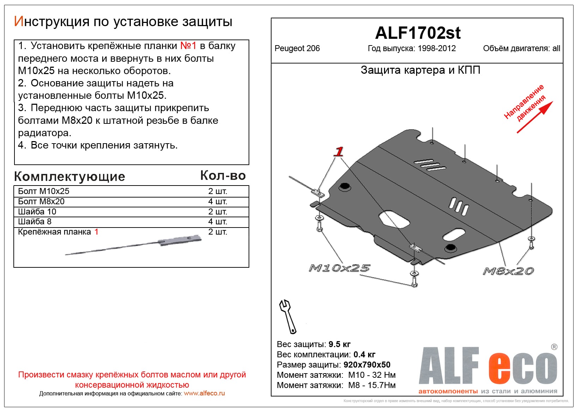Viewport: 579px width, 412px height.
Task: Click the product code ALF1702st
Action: point(418,33)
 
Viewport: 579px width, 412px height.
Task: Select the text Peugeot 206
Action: point(297,49)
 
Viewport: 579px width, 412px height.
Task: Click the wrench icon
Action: point(287,316)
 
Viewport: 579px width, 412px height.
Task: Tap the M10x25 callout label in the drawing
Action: point(339,268)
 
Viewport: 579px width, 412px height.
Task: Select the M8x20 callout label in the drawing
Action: point(508,271)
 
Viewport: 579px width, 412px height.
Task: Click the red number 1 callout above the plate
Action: point(339,152)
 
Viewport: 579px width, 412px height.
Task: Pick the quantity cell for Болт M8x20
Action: point(218,201)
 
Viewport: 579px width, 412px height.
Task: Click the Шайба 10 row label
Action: point(37,212)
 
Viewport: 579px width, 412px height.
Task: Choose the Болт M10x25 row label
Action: point(44,191)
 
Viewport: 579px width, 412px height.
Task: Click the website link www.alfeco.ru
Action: point(204,393)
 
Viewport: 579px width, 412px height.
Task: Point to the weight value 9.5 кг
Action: point(339,344)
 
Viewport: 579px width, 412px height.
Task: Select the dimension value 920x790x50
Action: point(367,365)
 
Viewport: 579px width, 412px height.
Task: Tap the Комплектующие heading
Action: point(69,176)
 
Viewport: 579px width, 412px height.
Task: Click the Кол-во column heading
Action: point(223,176)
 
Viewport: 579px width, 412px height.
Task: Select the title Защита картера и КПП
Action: point(420,70)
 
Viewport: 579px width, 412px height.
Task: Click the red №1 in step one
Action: point(188,46)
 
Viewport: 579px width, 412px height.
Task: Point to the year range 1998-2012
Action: point(437,49)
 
